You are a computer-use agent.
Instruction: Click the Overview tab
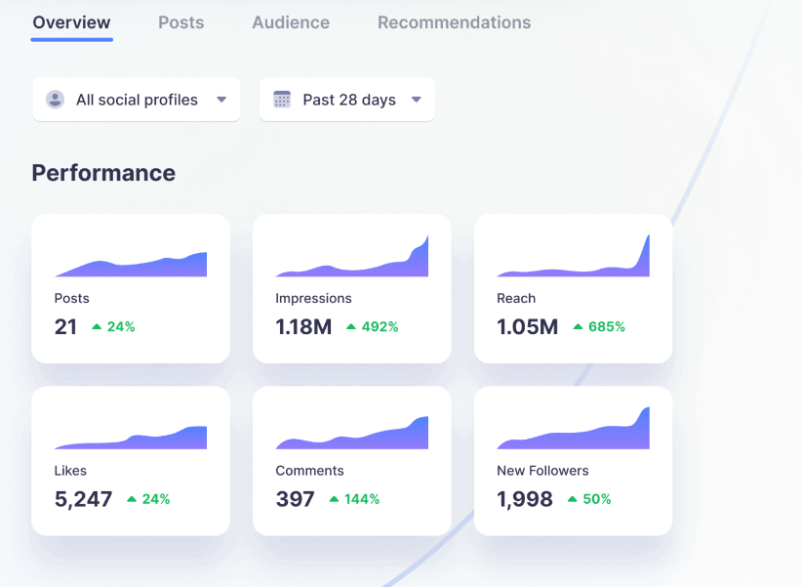[71, 22]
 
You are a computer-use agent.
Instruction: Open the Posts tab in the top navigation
[181, 22]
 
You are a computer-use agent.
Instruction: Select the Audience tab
[291, 22]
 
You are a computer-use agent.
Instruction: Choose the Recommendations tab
[455, 22]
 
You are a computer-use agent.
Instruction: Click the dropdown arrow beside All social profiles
[221, 100]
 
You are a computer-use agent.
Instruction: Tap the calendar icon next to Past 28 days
[282, 100]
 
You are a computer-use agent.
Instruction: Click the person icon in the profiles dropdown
[56, 100]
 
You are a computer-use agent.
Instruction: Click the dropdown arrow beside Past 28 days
[417, 100]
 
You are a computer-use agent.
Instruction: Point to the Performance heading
[103, 173]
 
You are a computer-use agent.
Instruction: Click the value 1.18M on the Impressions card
[303, 327]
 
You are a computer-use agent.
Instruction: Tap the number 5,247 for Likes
[83, 499]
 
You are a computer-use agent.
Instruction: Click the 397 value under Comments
[295, 499]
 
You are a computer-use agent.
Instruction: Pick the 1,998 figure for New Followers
[525, 499]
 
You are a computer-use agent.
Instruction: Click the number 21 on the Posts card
[65, 327]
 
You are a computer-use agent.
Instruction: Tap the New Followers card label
[542, 471]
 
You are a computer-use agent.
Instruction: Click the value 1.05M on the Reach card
[527, 327]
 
